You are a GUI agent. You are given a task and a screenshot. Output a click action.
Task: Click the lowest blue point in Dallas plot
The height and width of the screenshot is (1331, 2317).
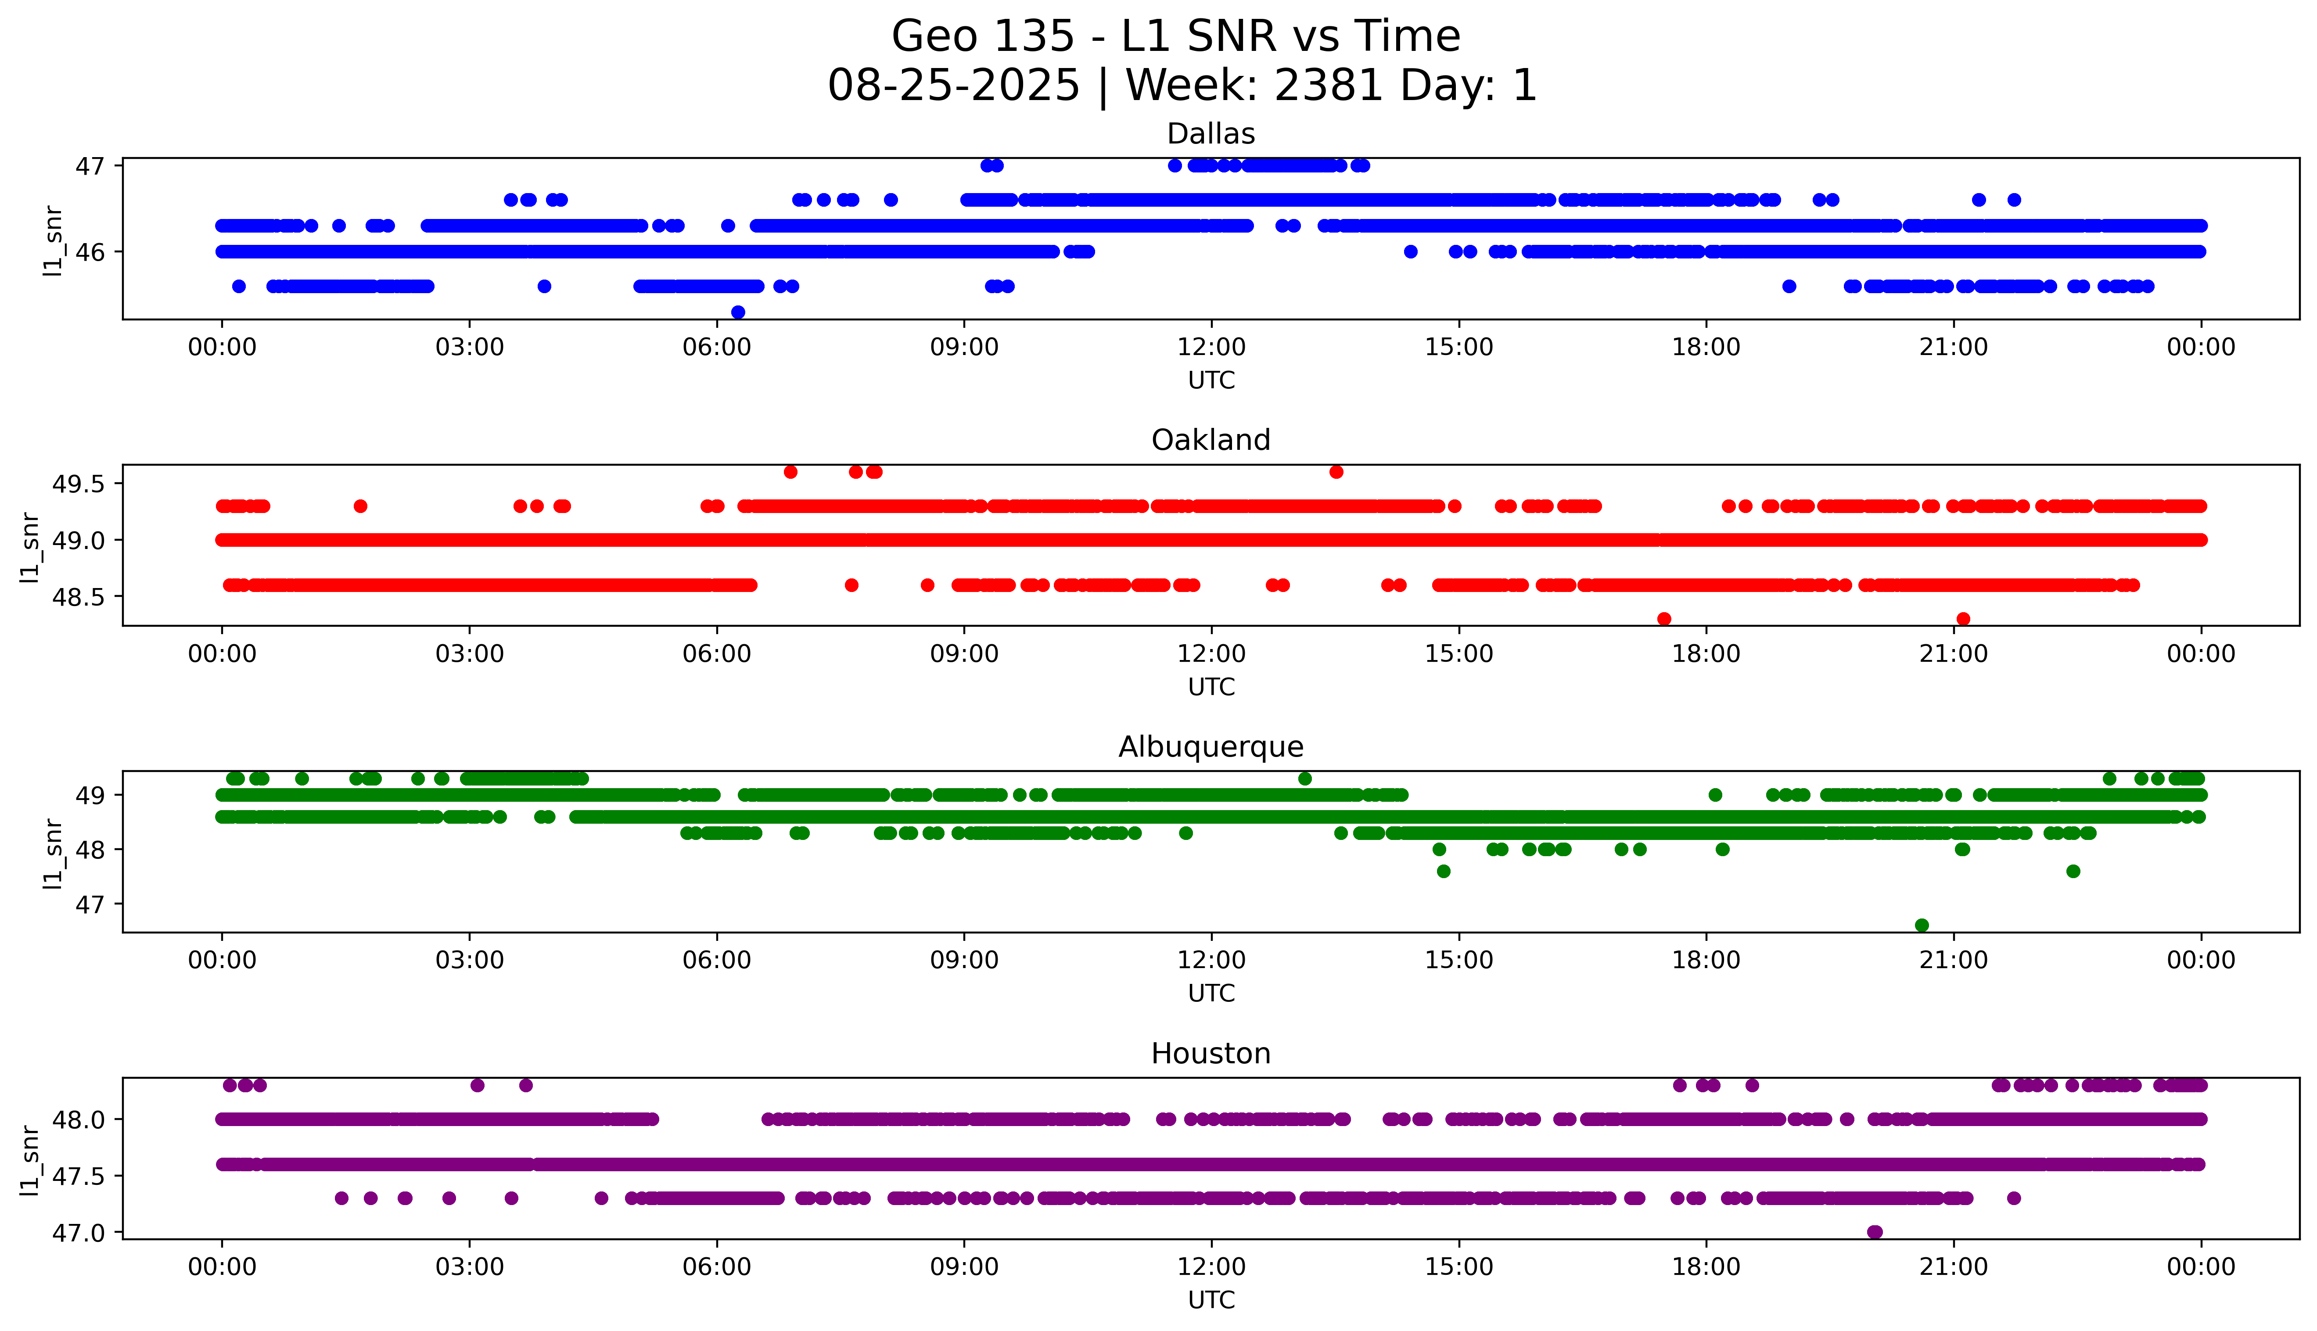pyautogui.click(x=738, y=312)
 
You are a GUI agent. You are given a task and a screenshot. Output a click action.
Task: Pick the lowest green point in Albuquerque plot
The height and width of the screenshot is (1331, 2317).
pyautogui.click(x=1921, y=925)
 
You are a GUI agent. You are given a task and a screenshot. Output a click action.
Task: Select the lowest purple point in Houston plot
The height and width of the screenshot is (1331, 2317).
pyautogui.click(x=1875, y=1232)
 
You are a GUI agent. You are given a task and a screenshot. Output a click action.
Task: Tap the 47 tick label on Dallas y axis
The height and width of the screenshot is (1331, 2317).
pyautogui.click(x=90, y=165)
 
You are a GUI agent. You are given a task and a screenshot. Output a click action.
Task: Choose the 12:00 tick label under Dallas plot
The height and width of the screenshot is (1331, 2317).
pyautogui.click(x=1211, y=348)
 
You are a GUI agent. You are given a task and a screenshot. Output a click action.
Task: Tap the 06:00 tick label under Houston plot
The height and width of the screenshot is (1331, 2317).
pyautogui.click(x=717, y=1267)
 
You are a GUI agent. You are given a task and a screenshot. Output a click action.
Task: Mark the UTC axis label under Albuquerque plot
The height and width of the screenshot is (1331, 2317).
pyautogui.click(x=1211, y=994)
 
